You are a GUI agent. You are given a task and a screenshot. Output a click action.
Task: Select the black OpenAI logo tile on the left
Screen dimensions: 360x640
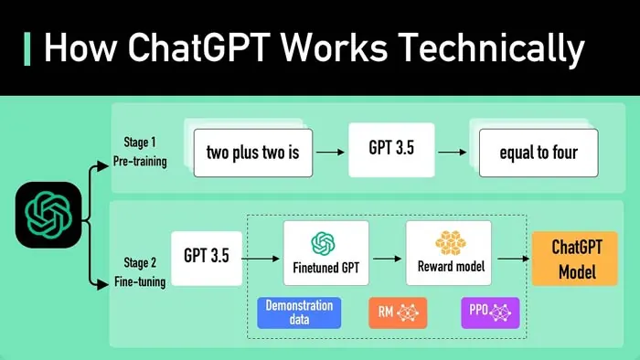tap(48, 215)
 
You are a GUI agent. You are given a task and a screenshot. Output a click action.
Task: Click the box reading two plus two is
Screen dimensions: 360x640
tap(252, 153)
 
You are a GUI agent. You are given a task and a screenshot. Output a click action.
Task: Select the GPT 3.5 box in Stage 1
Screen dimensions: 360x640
tap(391, 150)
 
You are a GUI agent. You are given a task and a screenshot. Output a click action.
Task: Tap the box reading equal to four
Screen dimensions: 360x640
tap(538, 153)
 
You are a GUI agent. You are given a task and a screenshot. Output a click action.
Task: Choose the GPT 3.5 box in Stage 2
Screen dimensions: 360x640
tap(207, 257)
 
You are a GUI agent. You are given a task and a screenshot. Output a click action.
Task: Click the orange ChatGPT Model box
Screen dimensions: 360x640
tap(574, 259)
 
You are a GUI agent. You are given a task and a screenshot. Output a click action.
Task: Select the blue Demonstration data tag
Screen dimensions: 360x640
tap(298, 312)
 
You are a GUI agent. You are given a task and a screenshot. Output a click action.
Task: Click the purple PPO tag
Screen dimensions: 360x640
tap(489, 312)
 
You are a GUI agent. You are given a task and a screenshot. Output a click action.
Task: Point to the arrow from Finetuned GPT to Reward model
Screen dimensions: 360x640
tap(387, 259)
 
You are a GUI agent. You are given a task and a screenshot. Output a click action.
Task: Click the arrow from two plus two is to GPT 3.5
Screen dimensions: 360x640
tap(330, 152)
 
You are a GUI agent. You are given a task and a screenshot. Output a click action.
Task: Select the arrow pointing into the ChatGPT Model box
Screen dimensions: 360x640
tap(515, 259)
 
